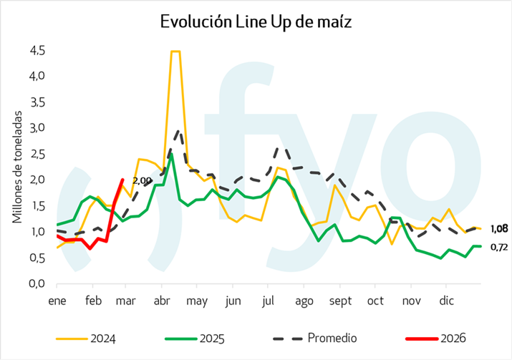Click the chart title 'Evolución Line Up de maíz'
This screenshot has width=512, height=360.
click(x=256, y=22)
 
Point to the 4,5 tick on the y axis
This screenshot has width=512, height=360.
click(x=37, y=51)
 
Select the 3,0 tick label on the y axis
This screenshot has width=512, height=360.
click(x=37, y=128)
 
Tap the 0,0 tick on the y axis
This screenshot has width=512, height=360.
click(x=37, y=284)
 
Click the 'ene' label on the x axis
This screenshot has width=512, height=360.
click(x=57, y=302)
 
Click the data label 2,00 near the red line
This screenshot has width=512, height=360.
click(x=143, y=180)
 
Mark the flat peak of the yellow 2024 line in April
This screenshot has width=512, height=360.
click(x=175, y=52)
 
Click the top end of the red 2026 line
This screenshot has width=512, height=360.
click(x=122, y=180)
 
